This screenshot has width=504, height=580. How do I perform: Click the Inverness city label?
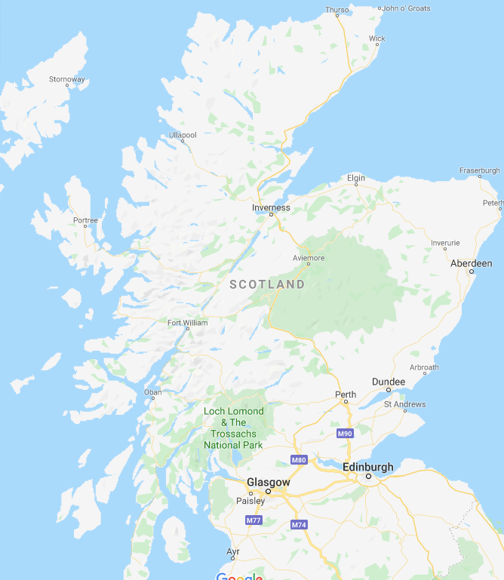[x=271, y=207]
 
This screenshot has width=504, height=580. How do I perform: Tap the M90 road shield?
[x=345, y=434]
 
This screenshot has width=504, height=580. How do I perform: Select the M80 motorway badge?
[x=298, y=460]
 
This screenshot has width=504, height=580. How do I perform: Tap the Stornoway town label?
[x=66, y=79]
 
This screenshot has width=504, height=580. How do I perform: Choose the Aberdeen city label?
[x=471, y=263]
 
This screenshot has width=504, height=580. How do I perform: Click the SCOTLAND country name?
[x=267, y=284]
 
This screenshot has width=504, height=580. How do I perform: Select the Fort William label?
[x=187, y=323]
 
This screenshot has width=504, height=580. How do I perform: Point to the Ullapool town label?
[x=183, y=135]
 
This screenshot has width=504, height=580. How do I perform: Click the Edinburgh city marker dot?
[x=369, y=477]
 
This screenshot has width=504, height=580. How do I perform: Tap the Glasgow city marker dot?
[x=268, y=491]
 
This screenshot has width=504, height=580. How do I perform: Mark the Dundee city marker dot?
[x=389, y=390]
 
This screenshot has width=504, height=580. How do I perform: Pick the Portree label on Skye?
[x=85, y=220]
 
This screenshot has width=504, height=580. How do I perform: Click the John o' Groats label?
[x=407, y=8]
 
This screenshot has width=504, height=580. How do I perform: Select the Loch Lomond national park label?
[x=234, y=428]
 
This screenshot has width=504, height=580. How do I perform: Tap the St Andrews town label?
[x=404, y=404]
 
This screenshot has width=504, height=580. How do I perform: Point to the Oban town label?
[x=152, y=392]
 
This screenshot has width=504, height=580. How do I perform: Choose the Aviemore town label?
[x=308, y=258]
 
